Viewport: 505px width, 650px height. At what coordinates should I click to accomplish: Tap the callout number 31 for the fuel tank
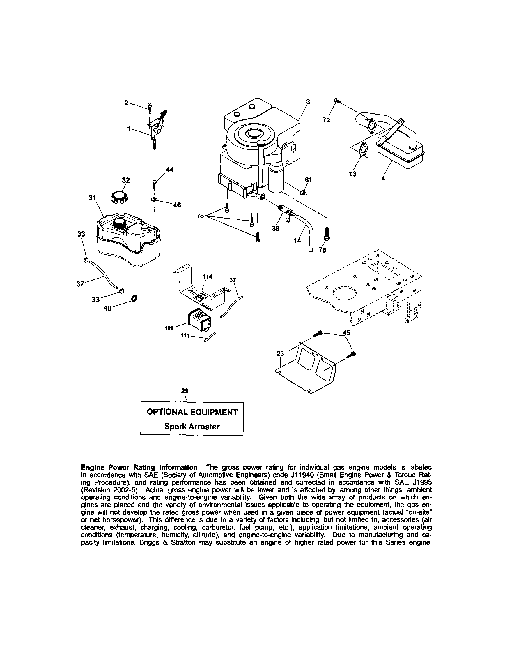point(93,198)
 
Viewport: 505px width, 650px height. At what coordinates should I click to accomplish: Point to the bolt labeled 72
point(337,101)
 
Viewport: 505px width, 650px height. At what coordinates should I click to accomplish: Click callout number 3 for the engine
point(308,102)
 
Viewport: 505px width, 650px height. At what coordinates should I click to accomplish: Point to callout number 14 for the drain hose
point(297,240)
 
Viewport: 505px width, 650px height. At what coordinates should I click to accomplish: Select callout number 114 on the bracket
point(207,276)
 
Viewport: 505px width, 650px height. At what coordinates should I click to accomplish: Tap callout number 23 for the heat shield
point(280,354)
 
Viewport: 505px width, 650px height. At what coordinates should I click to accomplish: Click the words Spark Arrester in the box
point(192,427)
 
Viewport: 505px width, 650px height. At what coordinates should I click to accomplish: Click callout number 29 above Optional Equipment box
point(185,391)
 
